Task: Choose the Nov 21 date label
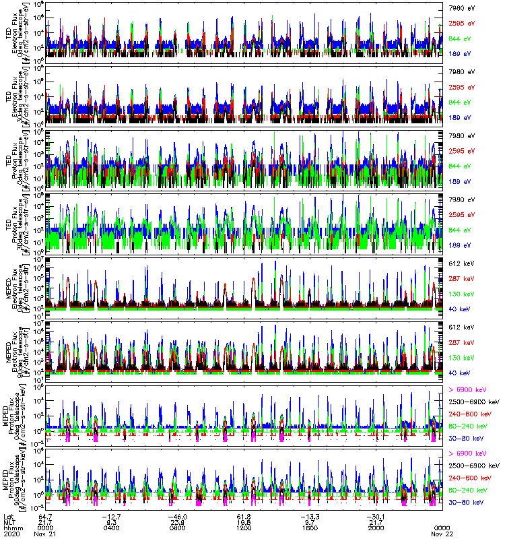point(44,533)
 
